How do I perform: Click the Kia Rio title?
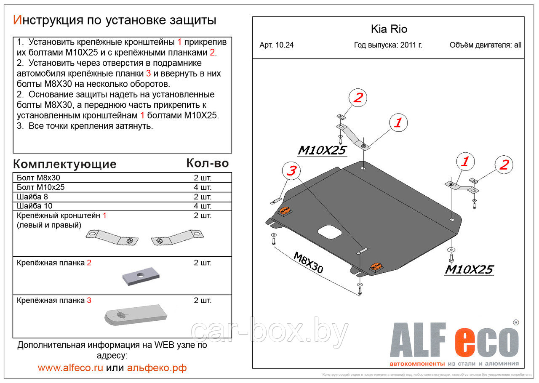(389, 29)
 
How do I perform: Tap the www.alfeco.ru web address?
(70, 367)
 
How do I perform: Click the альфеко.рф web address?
(156, 367)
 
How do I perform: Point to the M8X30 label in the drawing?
(308, 263)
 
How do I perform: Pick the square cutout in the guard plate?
(329, 232)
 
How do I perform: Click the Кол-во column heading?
(207, 163)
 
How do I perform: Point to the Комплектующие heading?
(64, 164)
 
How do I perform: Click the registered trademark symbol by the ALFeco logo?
(515, 322)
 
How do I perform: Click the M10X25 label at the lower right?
(469, 270)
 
